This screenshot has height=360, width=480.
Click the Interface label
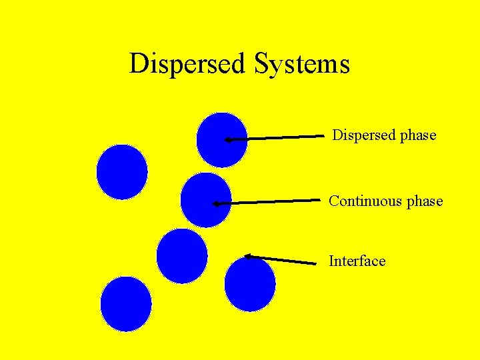point(357,261)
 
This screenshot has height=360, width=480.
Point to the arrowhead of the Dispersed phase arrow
point(227,140)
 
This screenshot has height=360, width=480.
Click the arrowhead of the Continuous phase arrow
point(216,204)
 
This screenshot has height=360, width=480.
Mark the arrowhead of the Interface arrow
point(247,255)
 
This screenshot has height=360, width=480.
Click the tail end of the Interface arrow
point(315,264)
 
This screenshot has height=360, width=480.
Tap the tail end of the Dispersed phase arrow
point(323,136)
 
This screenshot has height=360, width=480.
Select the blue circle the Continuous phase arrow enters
point(205,200)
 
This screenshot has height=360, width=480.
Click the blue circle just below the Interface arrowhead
point(250,284)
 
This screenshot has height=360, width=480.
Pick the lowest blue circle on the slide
point(125,304)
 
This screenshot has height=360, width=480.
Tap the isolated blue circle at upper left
point(121,171)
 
